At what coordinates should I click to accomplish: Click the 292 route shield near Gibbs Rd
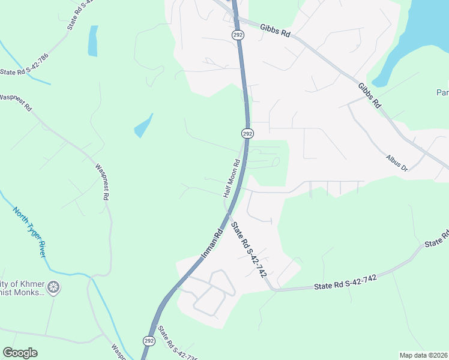[x=238, y=35]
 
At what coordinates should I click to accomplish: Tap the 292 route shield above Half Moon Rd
[x=247, y=133]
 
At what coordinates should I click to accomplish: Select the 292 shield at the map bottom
[x=149, y=340]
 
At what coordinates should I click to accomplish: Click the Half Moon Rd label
[x=232, y=178]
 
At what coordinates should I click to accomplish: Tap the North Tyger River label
[x=29, y=231]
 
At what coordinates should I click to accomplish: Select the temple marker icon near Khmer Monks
[x=54, y=287]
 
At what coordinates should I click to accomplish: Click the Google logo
[x=20, y=353]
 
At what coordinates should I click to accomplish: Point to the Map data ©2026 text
[x=423, y=355]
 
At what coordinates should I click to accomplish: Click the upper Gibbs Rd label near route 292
[x=275, y=31]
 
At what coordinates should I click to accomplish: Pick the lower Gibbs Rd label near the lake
[x=369, y=95]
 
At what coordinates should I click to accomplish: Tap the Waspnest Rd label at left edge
[x=16, y=100]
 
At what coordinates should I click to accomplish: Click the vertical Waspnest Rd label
[x=101, y=180]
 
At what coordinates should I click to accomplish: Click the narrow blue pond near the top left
[x=92, y=41]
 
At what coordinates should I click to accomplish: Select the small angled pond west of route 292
[x=143, y=126]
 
